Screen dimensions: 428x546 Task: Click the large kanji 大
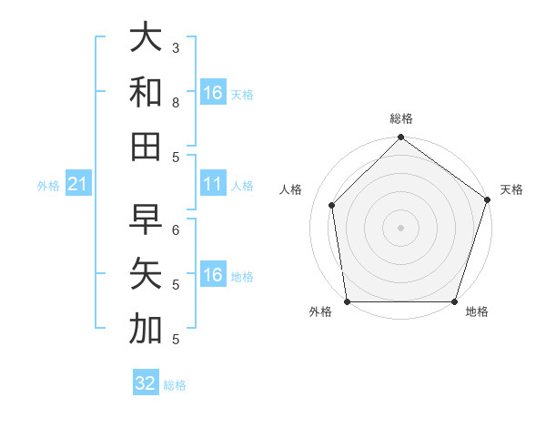pos(146,38)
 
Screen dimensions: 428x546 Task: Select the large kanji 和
pos(146,92)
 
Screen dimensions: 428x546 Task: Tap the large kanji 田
pos(146,146)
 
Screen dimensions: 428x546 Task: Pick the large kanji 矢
pos(146,273)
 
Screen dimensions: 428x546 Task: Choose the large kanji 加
pos(146,328)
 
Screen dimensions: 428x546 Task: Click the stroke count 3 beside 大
pos(176,47)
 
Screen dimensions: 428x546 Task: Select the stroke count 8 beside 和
pos(176,102)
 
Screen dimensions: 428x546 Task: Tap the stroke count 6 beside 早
pos(176,229)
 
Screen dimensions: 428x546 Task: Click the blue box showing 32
pos(146,383)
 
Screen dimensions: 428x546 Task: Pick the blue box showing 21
pos(78,185)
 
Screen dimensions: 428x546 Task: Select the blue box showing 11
pos(213,185)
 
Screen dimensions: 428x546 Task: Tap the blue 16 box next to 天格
pos(213,93)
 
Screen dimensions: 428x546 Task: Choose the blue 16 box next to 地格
pos(213,275)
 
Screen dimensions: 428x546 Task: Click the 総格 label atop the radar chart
pos(400,119)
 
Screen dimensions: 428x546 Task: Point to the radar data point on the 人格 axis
pos(332,205)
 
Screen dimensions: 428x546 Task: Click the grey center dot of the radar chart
pos(400,227)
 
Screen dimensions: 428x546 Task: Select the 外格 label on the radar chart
pos(320,312)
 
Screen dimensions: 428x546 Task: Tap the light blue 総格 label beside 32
pos(175,385)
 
